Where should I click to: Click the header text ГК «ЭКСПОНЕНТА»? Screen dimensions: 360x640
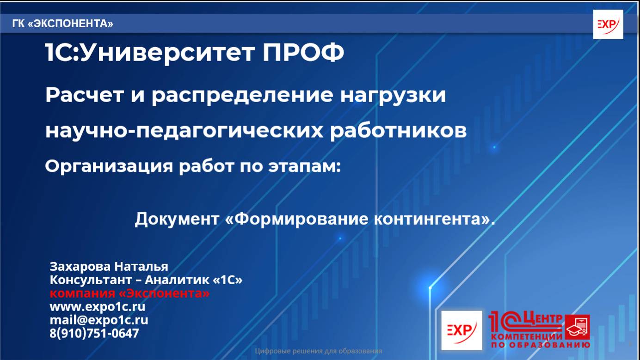tap(63, 24)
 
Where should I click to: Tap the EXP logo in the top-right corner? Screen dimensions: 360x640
tap(608, 24)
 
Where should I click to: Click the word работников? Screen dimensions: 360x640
tap(398, 131)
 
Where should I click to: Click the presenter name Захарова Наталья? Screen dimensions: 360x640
tap(109, 267)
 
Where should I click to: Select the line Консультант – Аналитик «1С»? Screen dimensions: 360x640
tap(146, 280)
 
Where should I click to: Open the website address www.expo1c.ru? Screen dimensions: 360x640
tap(97, 306)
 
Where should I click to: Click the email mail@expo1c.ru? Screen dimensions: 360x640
tap(99, 320)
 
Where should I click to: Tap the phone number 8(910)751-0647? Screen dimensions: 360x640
tap(94, 333)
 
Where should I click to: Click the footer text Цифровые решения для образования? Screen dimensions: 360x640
tap(319, 351)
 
